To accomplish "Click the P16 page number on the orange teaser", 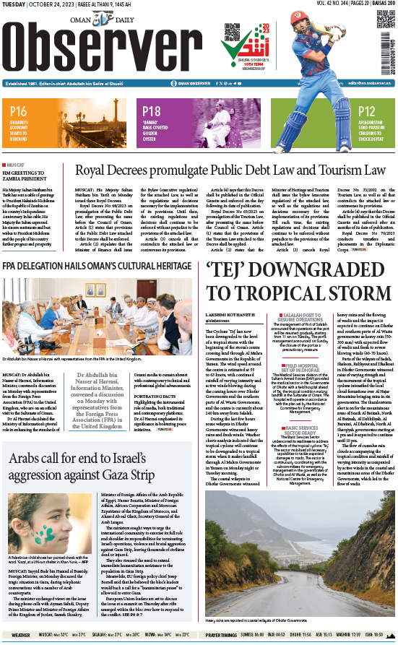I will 19,111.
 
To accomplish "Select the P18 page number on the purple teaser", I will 151,111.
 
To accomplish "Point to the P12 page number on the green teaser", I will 366,111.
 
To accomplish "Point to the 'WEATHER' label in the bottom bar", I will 20,635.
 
